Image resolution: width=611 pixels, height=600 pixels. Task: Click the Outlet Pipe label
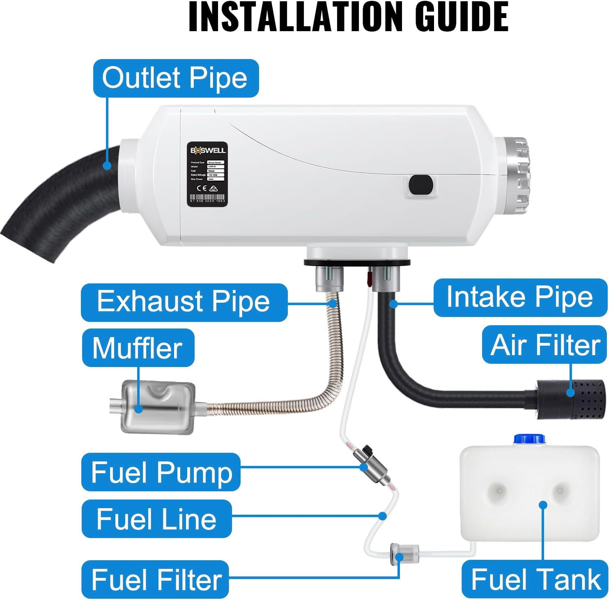[176, 78]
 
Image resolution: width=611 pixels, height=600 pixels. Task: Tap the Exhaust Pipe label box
[184, 302]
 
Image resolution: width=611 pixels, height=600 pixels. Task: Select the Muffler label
[138, 348]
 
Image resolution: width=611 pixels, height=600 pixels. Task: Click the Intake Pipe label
[520, 297]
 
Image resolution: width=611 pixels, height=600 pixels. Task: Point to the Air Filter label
[544, 344]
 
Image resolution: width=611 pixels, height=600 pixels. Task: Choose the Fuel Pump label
[161, 472]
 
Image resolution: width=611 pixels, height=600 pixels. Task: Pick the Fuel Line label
[156, 519]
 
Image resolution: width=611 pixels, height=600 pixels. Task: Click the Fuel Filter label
[155, 579]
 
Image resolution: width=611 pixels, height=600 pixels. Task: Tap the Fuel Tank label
[535, 579]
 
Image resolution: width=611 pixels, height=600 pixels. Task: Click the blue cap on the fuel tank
[529, 439]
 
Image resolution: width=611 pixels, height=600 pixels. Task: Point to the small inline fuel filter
[404, 553]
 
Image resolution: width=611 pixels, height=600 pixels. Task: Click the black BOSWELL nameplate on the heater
[207, 174]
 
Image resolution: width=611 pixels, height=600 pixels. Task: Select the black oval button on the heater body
[421, 185]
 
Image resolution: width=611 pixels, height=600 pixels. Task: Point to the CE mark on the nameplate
[202, 189]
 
